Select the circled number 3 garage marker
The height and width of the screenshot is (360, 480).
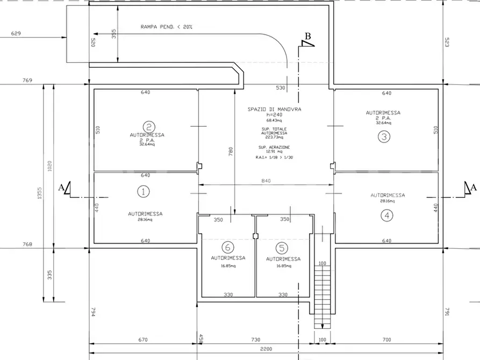pos(383,136)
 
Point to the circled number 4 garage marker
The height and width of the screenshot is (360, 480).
pos(388,215)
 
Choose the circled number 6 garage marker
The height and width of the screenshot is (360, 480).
pos(228,247)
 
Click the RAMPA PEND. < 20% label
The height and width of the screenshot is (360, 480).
pos(166,27)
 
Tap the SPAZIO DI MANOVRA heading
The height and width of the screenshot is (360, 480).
pos(274,109)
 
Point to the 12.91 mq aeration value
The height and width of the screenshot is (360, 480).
pos(274,152)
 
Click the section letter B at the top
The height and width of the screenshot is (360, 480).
pos(308,36)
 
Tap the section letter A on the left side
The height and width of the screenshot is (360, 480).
pos(61,188)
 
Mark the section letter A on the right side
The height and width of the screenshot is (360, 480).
pos(473,187)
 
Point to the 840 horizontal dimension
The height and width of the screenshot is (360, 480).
pos(266,181)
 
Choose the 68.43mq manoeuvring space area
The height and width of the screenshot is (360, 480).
pos(274,119)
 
